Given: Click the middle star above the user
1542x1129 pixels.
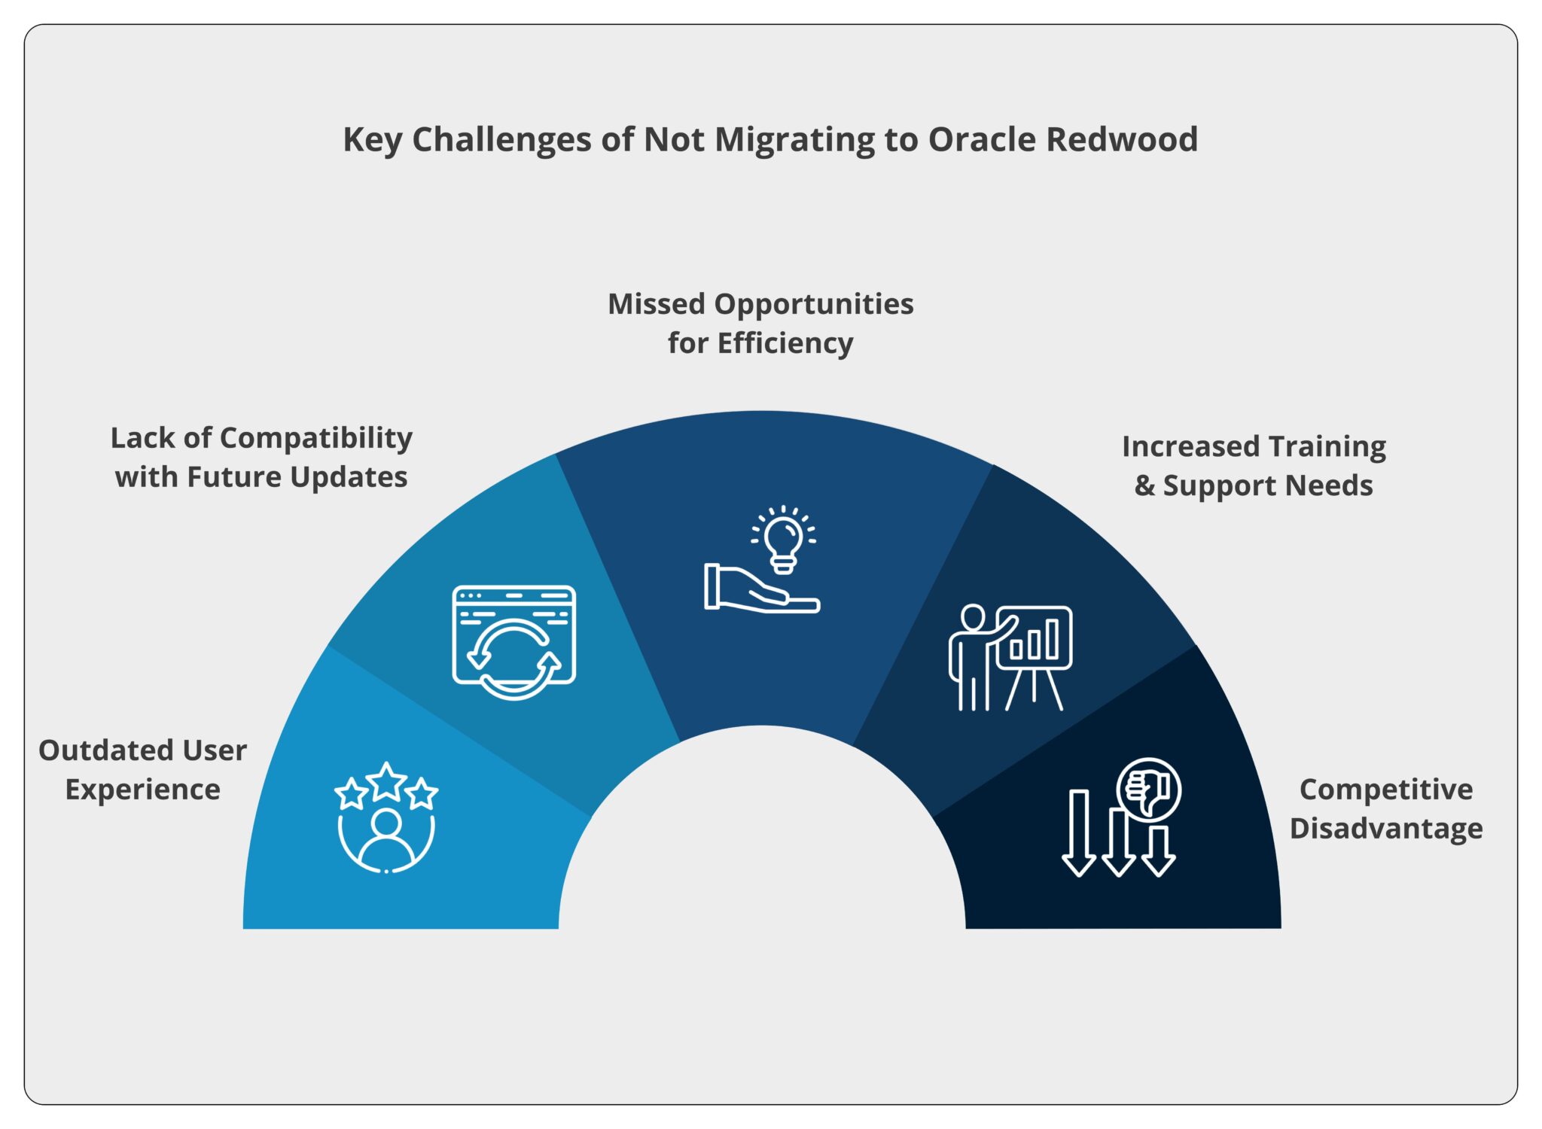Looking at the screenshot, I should pos(386,782).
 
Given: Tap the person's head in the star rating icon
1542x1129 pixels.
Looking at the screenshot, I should pos(386,822).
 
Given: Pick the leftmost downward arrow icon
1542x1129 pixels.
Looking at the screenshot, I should pos(1079,832).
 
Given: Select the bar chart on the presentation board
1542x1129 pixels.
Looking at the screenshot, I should pos(1035,640).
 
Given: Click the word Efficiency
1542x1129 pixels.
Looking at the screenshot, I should pos(785,343).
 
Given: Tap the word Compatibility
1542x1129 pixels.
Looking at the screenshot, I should pos(315,438).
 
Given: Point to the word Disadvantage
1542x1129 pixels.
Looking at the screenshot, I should pos(1386,829).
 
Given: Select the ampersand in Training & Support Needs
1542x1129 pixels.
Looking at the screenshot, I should pos(1144,485).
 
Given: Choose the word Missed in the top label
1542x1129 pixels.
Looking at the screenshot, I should pos(657,304).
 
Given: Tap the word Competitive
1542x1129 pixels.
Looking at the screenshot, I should pos(1386,790).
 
